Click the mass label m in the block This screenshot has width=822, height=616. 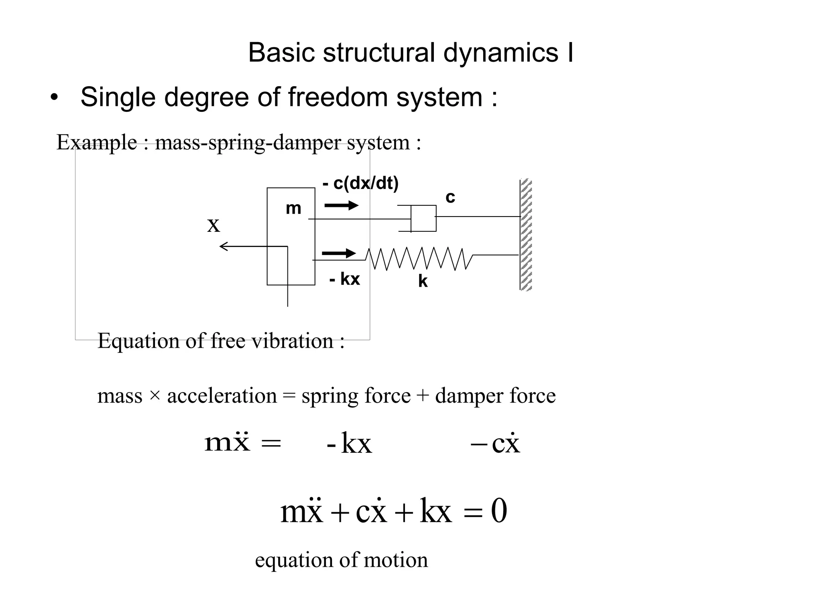[x=293, y=209]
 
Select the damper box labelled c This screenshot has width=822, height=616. [x=423, y=218]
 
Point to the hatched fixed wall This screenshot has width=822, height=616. [x=526, y=235]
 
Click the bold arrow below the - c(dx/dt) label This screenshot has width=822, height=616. [x=341, y=205]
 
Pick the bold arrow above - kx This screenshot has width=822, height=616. [x=339, y=253]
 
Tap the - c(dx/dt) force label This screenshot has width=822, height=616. [x=360, y=183]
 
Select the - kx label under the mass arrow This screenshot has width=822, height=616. [x=344, y=279]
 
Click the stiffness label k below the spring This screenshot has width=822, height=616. [x=423, y=282]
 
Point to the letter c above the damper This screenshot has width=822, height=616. [x=450, y=197]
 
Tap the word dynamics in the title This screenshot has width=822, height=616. [x=501, y=53]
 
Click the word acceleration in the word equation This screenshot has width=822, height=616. [x=222, y=396]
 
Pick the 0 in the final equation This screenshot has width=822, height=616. [x=499, y=511]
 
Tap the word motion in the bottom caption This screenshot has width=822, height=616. [x=396, y=560]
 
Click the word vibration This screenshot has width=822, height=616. [x=292, y=341]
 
